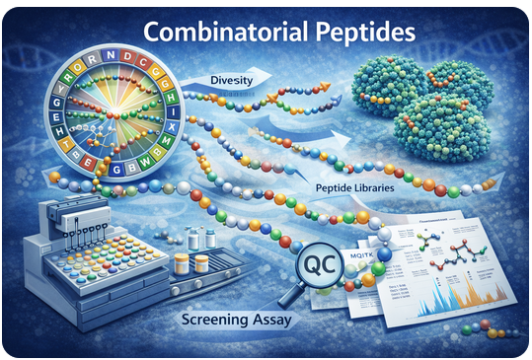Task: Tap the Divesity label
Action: [233, 79]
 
